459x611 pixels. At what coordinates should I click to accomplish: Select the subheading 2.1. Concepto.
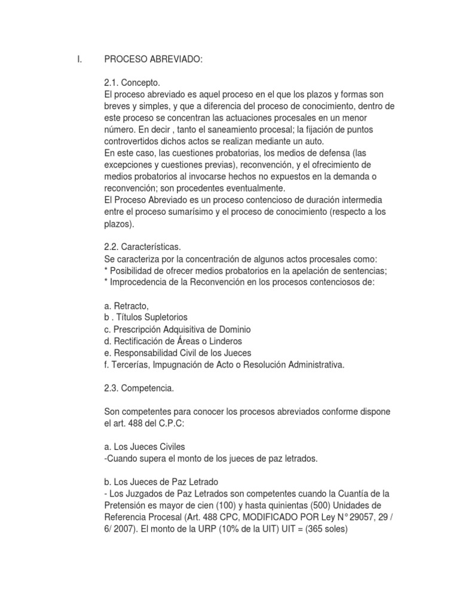tap(132, 83)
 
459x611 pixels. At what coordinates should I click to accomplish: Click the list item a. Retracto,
tap(126, 306)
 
